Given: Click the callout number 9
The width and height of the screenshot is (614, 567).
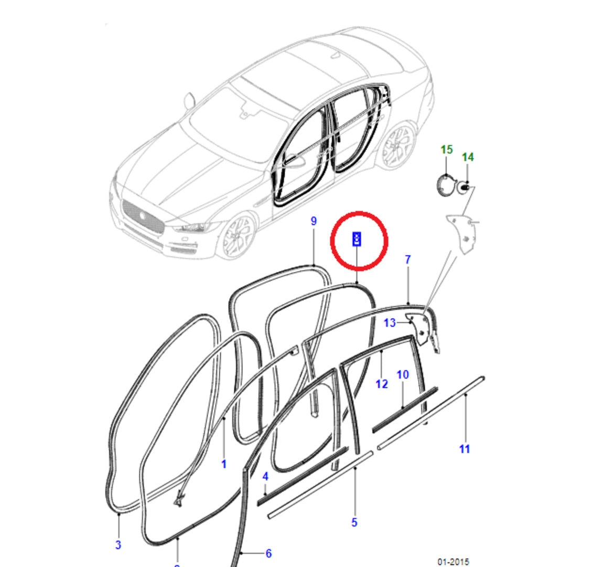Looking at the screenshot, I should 314,221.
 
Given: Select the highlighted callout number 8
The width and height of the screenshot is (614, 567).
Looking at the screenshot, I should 356,239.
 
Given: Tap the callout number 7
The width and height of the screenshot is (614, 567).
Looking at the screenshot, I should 408,259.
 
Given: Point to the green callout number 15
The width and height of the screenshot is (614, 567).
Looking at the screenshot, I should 446,150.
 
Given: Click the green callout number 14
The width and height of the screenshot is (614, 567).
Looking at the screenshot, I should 468,157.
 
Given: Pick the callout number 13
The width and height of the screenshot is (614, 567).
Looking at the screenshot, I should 390,322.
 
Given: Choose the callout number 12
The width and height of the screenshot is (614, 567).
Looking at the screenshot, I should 382,384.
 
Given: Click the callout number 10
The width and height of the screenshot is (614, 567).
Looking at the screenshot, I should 402,375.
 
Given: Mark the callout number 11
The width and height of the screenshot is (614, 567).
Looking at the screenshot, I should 465,449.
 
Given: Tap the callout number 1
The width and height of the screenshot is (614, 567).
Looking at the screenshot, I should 224,464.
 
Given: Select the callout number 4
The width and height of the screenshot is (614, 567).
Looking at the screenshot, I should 265,476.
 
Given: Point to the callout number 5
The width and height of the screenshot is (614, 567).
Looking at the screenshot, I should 354,522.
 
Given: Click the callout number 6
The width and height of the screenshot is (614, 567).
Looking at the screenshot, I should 268,553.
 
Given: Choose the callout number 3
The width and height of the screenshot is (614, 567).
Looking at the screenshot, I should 118,544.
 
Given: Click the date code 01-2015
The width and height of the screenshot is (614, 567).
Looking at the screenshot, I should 454,562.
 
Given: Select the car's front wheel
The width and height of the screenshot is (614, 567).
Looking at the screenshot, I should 239,236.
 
